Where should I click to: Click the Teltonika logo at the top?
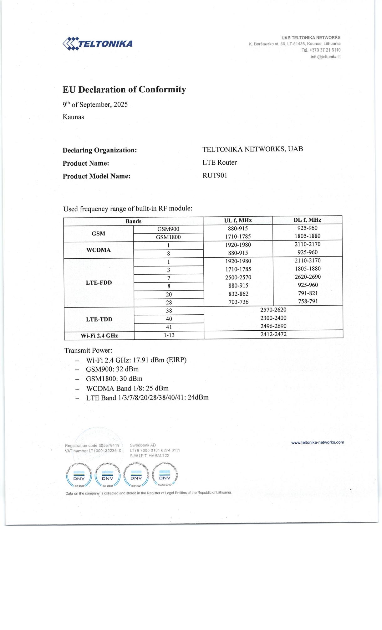click(98, 44)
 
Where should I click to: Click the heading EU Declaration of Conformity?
click(124, 90)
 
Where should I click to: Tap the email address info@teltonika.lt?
click(325, 57)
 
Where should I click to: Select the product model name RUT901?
click(215, 175)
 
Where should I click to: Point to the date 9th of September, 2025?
click(95, 104)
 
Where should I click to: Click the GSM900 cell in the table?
click(168, 229)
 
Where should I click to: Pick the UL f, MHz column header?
click(238, 220)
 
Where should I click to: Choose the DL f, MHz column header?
click(307, 220)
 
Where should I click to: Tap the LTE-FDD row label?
click(99, 282)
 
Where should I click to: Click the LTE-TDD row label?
click(99, 319)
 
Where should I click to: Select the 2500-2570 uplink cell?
click(238, 277)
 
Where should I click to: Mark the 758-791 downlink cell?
click(308, 301)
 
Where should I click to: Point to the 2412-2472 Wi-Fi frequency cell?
click(273, 334)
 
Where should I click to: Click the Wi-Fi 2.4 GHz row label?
click(99, 336)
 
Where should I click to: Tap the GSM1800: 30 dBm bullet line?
click(114, 379)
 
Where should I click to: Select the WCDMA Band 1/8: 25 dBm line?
click(127, 388)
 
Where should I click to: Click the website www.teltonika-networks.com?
click(317, 442)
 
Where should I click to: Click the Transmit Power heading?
click(88, 350)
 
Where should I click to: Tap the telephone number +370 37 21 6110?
click(321, 50)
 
